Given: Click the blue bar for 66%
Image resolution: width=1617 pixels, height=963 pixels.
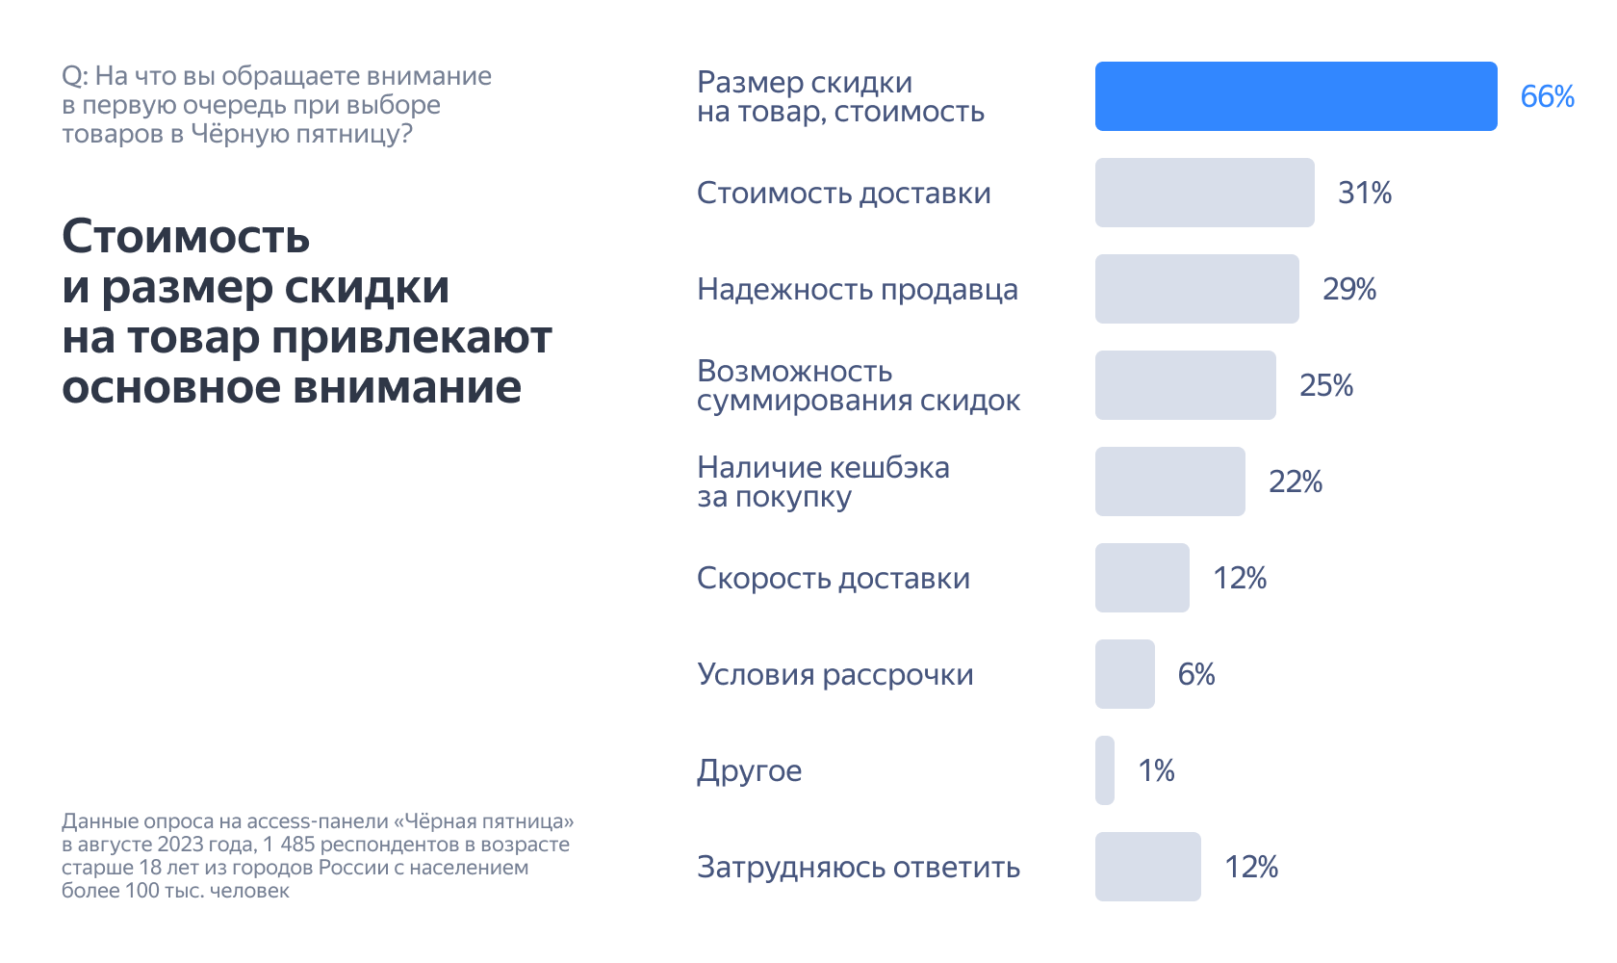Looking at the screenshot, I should click(x=1296, y=96).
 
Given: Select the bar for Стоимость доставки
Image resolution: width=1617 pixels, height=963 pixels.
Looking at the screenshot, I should click(x=1204, y=193).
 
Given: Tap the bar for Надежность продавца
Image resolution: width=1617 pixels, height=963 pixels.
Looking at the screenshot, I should click(x=1196, y=289).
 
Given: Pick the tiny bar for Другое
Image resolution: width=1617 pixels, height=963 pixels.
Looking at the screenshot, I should click(x=1105, y=770).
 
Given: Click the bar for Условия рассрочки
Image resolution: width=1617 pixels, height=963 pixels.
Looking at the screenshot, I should click(x=1124, y=674).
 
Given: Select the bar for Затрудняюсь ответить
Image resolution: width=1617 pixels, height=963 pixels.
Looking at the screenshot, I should click(x=1147, y=867).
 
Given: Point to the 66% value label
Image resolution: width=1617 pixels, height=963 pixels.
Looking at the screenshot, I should click(x=1547, y=96).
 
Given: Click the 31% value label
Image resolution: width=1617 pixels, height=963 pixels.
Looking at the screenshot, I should click(x=1365, y=193).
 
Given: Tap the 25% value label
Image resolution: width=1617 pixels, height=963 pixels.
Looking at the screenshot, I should click(x=1326, y=385).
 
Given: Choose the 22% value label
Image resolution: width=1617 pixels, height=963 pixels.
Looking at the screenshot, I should click(x=1296, y=481).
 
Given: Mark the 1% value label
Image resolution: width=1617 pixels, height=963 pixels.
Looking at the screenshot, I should click(x=1156, y=770).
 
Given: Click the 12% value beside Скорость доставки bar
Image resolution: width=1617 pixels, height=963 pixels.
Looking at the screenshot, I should click(x=1240, y=578).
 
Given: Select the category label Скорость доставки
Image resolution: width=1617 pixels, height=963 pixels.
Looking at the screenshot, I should click(x=834, y=578).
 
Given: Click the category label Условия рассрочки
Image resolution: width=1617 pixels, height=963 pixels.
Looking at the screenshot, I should click(x=835, y=674).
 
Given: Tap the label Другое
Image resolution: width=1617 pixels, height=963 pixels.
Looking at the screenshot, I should click(x=750, y=771).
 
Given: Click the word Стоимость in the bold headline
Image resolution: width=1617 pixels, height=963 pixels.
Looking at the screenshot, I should click(x=186, y=237).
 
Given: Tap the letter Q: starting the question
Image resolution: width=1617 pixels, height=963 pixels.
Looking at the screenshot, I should click(x=74, y=77).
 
